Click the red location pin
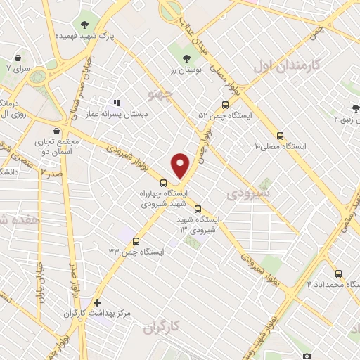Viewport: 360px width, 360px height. [x=181, y=165]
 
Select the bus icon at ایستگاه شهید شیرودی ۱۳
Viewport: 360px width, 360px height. [x=198, y=209]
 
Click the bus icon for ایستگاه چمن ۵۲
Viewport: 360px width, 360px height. [x=224, y=104]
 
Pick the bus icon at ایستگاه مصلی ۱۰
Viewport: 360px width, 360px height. [x=281, y=135]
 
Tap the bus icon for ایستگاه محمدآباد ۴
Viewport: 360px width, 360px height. [x=338, y=274]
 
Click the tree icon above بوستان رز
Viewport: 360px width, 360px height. [x=186, y=60]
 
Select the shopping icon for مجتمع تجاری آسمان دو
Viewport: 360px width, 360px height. [x=56, y=130]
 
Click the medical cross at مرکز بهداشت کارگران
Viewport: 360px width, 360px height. [x=97, y=302]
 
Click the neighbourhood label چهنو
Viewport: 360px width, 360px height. [x=162, y=92]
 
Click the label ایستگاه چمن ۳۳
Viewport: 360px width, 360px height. [x=136, y=252]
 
